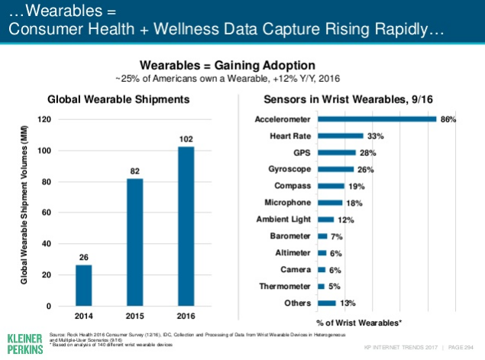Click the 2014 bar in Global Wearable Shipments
click(84, 285)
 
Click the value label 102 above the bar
click(186, 139)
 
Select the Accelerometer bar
click(377, 119)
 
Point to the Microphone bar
click(330, 203)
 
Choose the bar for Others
click(326, 303)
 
